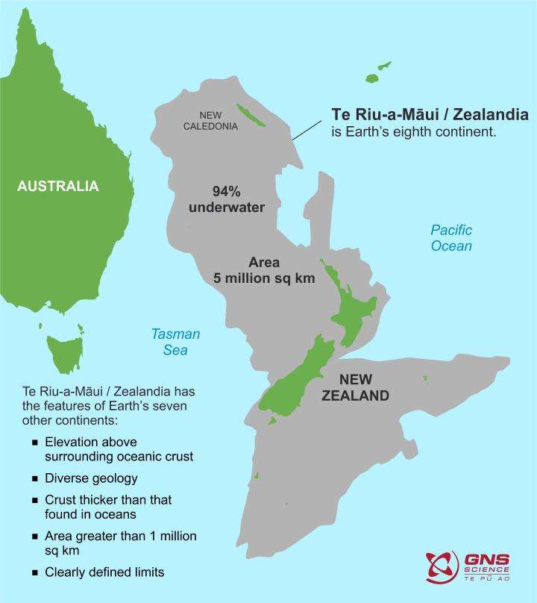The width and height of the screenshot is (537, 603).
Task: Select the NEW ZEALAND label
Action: [355, 387]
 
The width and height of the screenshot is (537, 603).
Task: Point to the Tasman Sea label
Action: [175, 342]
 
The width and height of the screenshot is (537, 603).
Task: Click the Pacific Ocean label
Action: [451, 237]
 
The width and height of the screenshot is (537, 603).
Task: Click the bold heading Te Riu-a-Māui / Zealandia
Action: [430, 115]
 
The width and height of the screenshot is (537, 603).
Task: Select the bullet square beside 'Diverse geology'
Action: [34, 478]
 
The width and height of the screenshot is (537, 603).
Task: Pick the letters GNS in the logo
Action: [483, 559]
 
